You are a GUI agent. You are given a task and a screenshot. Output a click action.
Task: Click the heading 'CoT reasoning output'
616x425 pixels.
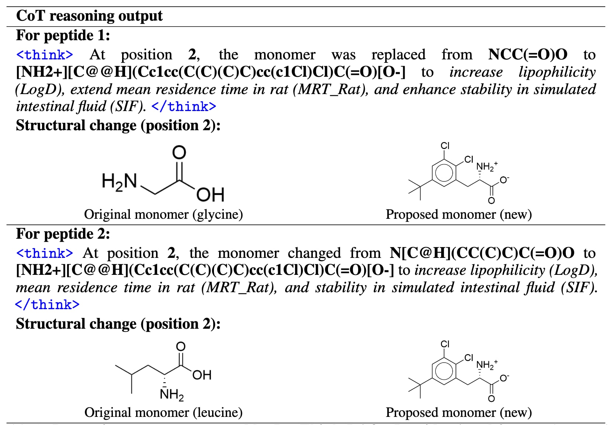[89, 16]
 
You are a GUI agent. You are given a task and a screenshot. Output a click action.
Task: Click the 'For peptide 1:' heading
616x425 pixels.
[63, 36]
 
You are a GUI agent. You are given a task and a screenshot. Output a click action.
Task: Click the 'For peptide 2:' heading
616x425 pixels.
[63, 234]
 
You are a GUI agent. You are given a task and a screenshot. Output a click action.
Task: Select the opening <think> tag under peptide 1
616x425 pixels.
[45, 55]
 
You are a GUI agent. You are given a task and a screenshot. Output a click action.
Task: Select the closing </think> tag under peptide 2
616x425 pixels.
[47, 305]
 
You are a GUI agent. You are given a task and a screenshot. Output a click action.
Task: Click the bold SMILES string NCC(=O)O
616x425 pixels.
[527, 55]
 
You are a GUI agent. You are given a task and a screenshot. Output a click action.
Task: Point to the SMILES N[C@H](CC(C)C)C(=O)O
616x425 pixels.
[482, 253]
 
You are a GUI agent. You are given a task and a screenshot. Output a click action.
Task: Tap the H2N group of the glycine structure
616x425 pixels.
[119, 182]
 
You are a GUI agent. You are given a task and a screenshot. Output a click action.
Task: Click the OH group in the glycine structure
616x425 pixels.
[210, 195]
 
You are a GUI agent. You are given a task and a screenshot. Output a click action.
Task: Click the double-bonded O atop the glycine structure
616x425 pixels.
[179, 152]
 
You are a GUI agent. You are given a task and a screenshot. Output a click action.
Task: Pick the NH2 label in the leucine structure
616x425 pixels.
[172, 395]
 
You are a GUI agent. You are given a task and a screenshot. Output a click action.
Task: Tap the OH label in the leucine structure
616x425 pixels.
[202, 375]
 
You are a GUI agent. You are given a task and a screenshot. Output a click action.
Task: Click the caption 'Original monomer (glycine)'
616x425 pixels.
[163, 214]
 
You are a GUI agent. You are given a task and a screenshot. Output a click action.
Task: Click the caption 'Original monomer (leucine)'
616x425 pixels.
[163, 412]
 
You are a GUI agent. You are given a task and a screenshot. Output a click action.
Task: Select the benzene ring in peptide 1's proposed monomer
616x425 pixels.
[444, 172]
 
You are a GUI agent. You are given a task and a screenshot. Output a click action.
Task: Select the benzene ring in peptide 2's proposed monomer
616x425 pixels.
[444, 370]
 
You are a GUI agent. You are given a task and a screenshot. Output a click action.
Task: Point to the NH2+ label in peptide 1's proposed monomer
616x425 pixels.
[486, 166]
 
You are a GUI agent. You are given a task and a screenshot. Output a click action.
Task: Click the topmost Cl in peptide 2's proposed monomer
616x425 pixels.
[445, 344]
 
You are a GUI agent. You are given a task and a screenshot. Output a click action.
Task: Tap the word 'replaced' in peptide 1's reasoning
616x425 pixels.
[398, 55]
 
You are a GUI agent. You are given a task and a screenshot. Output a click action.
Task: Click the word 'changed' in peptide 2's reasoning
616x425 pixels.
[314, 253]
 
